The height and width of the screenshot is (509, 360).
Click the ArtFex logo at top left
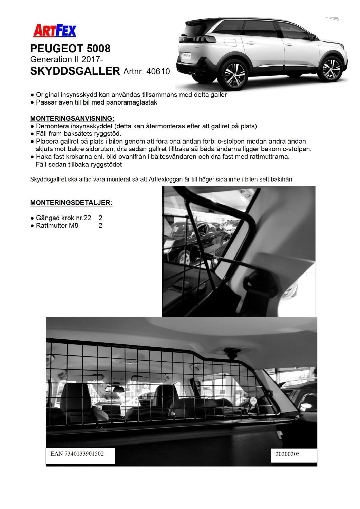(x=55, y=31)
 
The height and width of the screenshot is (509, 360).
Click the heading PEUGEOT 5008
(x=70, y=49)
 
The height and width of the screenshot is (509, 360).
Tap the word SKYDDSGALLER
(x=75, y=71)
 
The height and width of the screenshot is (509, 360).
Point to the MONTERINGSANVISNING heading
(x=72, y=118)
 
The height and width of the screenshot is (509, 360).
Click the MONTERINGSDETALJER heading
(x=71, y=203)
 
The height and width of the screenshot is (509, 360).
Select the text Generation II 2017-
(x=67, y=59)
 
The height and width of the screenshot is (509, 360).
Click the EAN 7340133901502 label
(x=77, y=454)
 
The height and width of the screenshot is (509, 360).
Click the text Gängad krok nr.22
(x=63, y=218)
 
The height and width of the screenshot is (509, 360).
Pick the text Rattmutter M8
(x=57, y=225)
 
